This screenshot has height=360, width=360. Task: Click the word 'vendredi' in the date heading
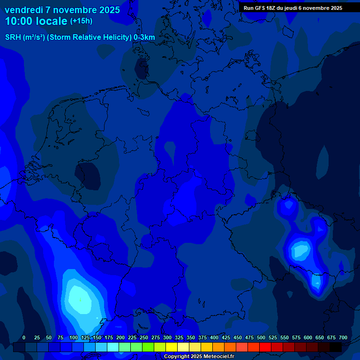(23, 10)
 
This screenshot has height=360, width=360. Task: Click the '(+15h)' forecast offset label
(81, 21)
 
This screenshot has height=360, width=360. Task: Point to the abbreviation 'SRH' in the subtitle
(13, 37)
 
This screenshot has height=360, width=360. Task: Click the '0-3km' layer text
(144, 37)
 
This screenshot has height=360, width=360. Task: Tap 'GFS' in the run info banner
(259, 8)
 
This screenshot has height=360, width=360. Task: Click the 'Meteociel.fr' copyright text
(216, 357)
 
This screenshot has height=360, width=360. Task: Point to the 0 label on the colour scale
(24, 338)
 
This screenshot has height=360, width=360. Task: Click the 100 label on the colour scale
(74, 338)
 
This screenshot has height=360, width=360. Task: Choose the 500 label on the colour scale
(261, 338)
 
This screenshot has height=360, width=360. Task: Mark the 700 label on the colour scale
(343, 338)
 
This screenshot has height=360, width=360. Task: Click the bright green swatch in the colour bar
(148, 347)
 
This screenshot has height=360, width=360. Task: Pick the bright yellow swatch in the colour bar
(172, 347)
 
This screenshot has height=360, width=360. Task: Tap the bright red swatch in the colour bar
(265, 347)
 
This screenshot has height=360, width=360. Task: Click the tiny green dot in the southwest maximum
(80, 300)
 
